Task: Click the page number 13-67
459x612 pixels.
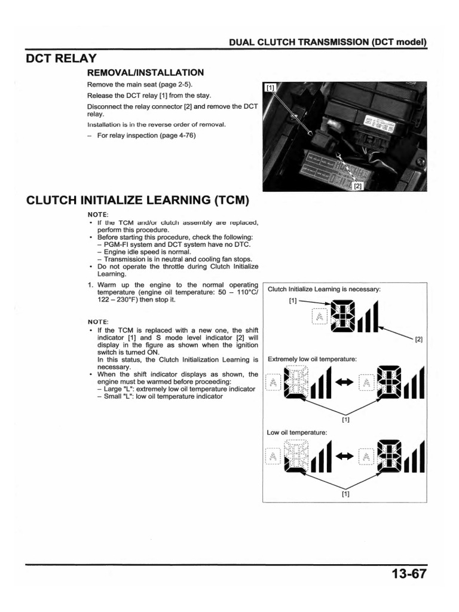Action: tap(409, 574)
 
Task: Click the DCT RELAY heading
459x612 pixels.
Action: tap(62, 58)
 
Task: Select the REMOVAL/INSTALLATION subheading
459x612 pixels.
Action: tap(146, 72)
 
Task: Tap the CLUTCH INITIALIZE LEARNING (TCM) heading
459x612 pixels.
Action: tap(137, 200)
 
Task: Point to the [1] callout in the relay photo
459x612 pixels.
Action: tap(270, 88)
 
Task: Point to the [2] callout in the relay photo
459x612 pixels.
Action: tap(358, 186)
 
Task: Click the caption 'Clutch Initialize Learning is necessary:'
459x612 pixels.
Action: tap(324, 289)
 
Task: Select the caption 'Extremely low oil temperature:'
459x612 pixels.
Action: tap(312, 359)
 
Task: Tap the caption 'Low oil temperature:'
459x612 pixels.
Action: tap(297, 432)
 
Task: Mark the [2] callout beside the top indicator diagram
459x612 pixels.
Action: tap(418, 339)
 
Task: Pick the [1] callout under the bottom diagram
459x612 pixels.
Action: tap(345, 494)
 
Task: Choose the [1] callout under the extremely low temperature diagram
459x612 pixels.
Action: tap(345, 420)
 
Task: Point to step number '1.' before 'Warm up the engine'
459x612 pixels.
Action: tap(91, 284)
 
